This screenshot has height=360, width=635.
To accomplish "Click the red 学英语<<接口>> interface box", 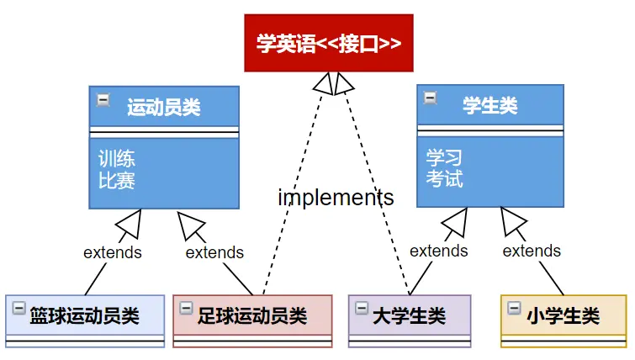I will click(329, 43).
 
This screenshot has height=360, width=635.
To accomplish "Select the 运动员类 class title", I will click(164, 107).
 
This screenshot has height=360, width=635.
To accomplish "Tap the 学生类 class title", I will click(490, 106).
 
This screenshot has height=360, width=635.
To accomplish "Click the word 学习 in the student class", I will click(444, 157).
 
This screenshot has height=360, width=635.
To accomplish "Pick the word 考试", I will click(444, 179).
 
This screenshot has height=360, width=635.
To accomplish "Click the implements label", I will click(336, 198).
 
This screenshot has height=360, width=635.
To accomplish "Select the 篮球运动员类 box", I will click(84, 316).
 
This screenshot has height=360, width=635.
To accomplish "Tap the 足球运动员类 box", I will click(252, 316).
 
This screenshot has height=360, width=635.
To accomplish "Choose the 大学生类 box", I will click(410, 316).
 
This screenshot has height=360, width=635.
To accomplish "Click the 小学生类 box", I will click(564, 316).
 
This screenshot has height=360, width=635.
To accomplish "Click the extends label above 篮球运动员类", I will click(113, 251).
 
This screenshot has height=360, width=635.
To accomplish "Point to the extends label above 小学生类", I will click(532, 251).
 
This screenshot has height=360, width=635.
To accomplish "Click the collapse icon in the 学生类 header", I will click(430, 98).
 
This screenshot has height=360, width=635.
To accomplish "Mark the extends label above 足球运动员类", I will click(214, 252).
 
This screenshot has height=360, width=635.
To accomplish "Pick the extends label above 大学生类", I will click(438, 251).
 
